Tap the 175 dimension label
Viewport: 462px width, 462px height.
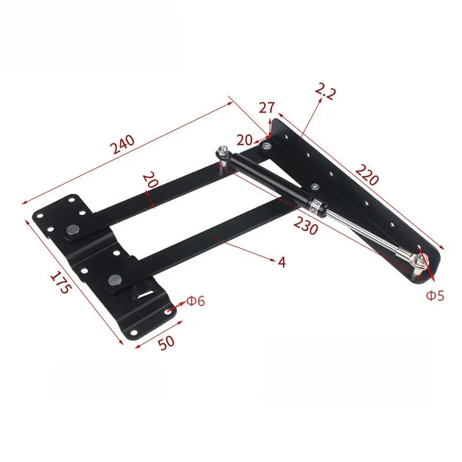click(x=59, y=281)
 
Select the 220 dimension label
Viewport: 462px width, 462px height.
click(x=367, y=174)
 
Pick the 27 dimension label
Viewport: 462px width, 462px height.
click(x=266, y=108)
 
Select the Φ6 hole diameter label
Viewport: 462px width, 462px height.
click(x=195, y=301)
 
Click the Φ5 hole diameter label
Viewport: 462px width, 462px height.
click(x=435, y=296)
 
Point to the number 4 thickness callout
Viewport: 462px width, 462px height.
click(x=281, y=262)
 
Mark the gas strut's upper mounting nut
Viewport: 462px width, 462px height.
click(x=223, y=153)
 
